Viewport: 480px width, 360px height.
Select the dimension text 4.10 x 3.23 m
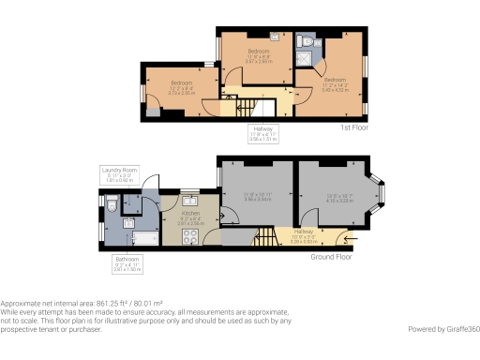click(337, 201)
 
